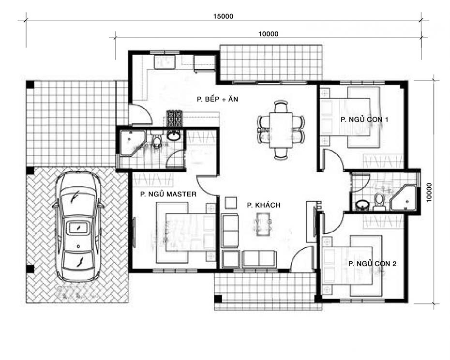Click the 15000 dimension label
(x=223, y=16)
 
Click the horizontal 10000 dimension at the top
(x=269, y=34)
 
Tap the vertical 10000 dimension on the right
(x=429, y=193)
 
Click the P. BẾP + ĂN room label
(x=218, y=99)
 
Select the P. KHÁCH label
(x=263, y=205)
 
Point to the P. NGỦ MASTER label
(x=168, y=194)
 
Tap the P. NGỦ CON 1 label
(x=364, y=120)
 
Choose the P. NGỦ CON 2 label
(x=372, y=264)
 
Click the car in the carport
(x=78, y=226)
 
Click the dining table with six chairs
(x=281, y=130)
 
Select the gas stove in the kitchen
(x=174, y=119)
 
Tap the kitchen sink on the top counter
(x=165, y=62)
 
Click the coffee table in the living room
(x=264, y=224)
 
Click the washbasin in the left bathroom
(x=174, y=135)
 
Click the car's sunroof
(x=78, y=227)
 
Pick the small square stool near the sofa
(x=231, y=203)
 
